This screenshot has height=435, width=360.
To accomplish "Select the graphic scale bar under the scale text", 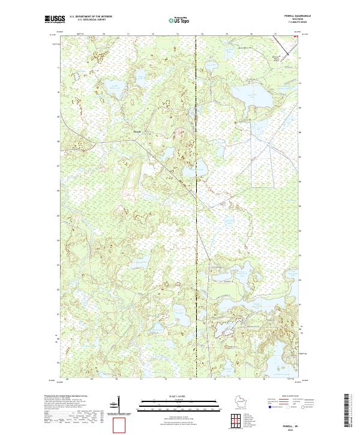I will point(175,406).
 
